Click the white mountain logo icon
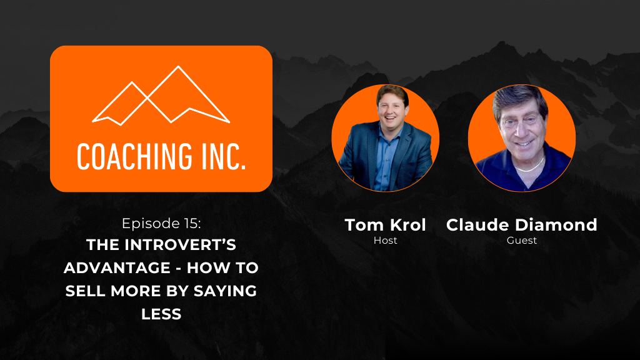(161, 95)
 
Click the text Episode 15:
(161, 223)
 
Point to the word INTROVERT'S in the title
(180, 245)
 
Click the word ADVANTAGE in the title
(117, 267)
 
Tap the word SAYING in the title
(225, 291)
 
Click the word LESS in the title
(161, 314)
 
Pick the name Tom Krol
(385, 225)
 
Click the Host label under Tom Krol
(385, 241)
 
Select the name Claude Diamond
(522, 225)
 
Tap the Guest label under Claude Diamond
(522, 241)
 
